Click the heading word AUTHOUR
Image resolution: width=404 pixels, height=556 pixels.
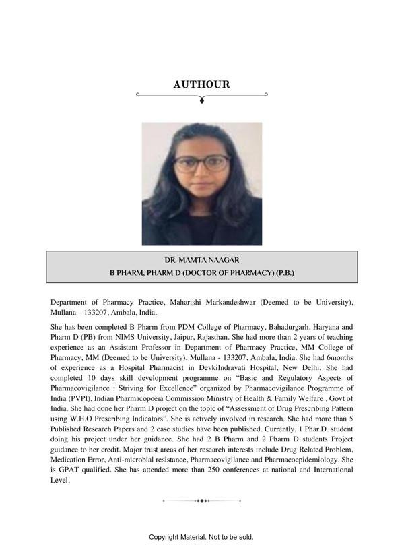(201, 84)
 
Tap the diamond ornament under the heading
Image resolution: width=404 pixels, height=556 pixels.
(202, 100)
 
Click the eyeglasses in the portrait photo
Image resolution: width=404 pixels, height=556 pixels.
(201, 163)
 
